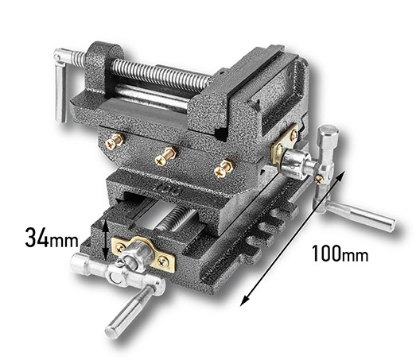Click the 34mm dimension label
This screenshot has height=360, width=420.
tap(52, 238)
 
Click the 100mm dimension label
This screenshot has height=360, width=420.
tap(340, 254)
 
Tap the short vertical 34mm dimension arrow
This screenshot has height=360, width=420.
tap(107, 240)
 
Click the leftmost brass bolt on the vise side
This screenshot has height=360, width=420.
tap(114, 141)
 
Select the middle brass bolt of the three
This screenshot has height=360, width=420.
tap(165, 156)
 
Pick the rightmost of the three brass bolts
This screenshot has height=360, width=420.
tap(224, 168)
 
